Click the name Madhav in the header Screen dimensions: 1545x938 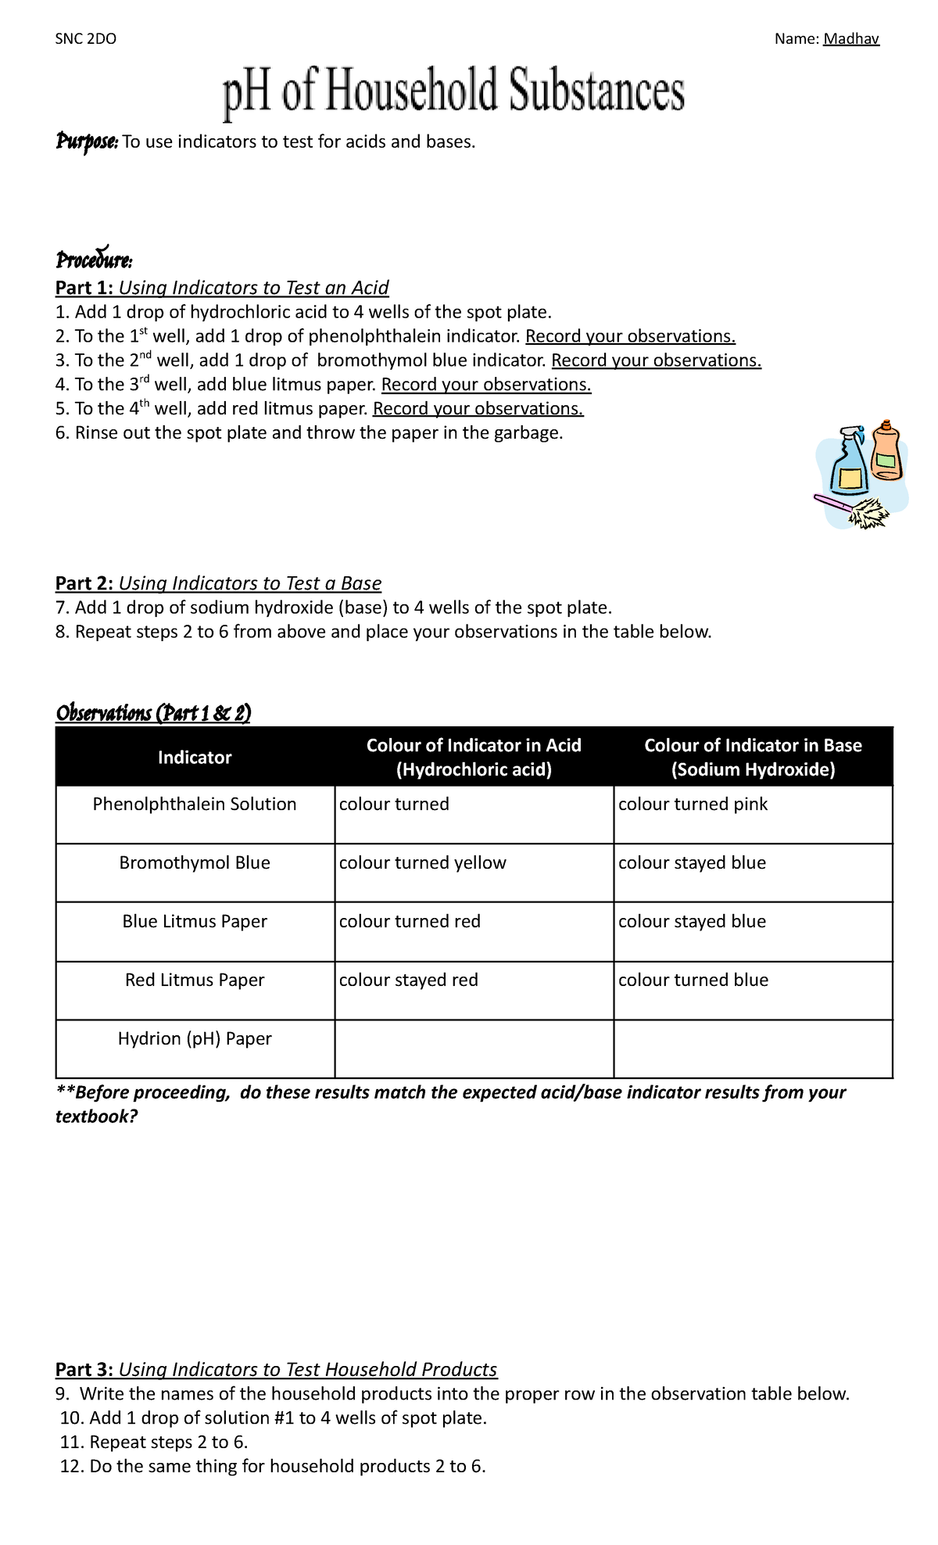coord(850,39)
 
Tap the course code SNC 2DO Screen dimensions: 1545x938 coord(86,39)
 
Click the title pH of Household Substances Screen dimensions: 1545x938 coord(453,92)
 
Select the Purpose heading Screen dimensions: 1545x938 coord(86,142)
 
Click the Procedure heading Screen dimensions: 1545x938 coord(94,259)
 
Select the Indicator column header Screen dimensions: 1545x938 coord(195,757)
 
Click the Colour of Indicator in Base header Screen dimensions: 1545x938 coord(753,757)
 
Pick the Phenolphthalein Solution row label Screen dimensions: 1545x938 coord(195,804)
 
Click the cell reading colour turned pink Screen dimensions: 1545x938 coord(693,804)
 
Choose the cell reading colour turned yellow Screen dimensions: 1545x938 coord(422,862)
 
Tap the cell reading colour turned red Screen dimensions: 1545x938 coord(410,921)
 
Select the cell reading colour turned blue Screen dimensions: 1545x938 coord(693,980)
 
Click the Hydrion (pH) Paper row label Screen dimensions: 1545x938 coord(195,1038)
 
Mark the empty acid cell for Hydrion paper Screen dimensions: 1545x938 coord(474,1049)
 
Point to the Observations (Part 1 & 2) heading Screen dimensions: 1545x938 coord(153,713)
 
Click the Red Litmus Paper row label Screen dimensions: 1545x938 coord(195,980)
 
